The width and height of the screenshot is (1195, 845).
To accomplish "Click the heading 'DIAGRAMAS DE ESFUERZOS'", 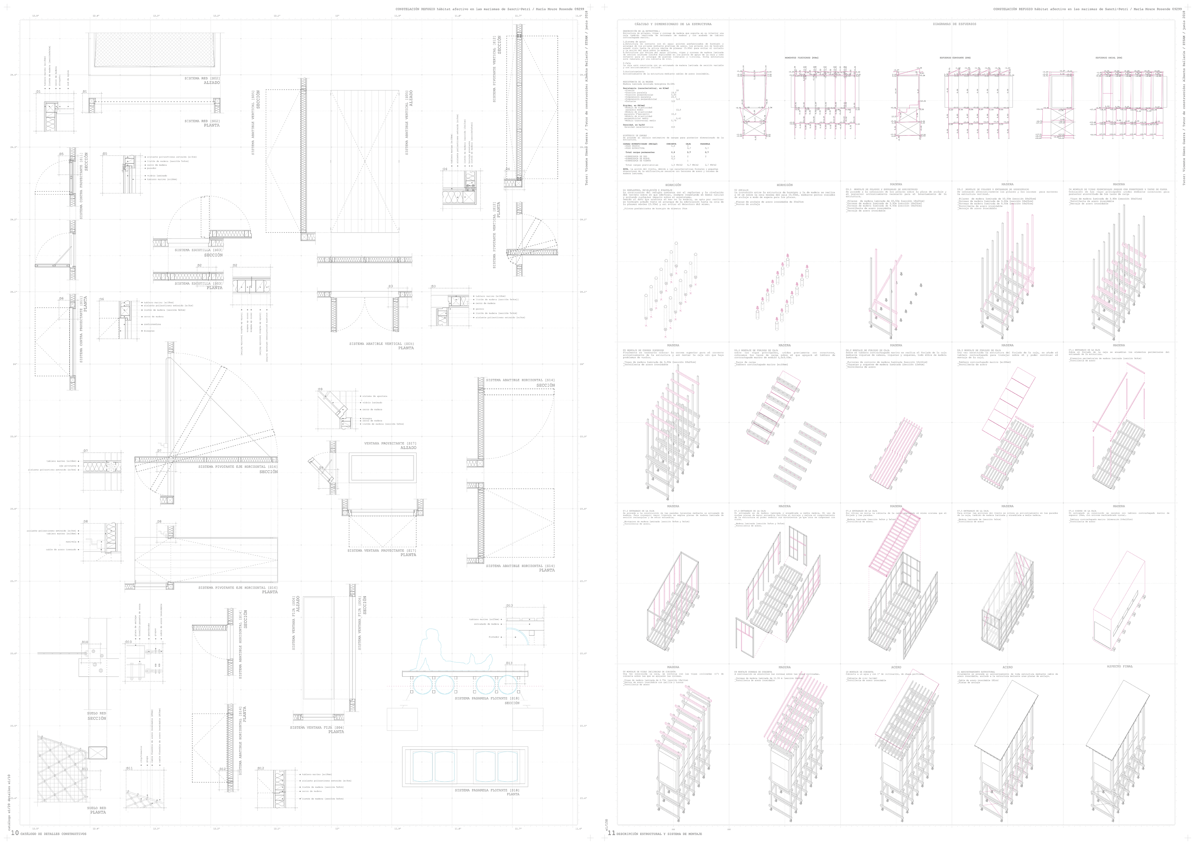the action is click(954, 24).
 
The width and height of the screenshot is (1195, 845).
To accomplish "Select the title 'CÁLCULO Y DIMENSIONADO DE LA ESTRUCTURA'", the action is click(673, 24).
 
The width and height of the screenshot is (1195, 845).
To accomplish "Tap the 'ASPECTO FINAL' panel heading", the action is click(1119, 666).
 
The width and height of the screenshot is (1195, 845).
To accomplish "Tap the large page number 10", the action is click(14, 833).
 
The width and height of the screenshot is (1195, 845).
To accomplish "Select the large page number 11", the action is click(611, 833).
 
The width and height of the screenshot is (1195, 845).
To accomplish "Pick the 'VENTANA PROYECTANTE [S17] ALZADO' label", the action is click(397, 446).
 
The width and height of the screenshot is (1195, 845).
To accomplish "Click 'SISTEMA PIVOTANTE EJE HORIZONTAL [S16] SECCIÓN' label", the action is click(238, 469).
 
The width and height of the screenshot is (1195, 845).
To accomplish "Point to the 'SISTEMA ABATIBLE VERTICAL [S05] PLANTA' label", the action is click(382, 346).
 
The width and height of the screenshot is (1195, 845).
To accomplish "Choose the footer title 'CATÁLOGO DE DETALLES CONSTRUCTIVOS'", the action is click(53, 834).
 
